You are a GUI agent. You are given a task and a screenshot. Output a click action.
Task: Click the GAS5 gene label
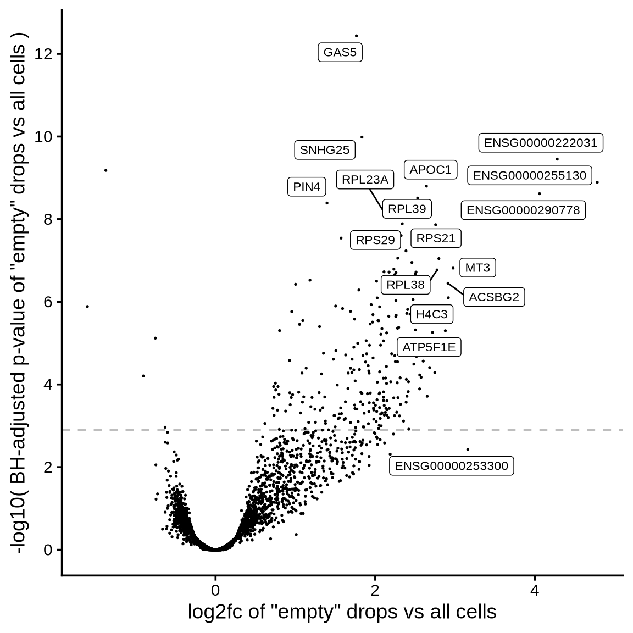(x=340, y=53)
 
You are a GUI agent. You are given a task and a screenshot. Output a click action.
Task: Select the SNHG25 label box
(x=325, y=150)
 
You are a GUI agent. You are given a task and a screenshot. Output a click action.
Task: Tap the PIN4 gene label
(x=307, y=187)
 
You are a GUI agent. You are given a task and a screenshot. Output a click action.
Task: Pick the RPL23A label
(x=365, y=180)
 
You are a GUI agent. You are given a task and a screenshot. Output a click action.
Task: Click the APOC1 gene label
(x=430, y=170)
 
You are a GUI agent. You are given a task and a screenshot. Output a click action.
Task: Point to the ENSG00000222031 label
(x=541, y=143)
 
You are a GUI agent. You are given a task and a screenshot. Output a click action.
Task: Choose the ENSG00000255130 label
(x=530, y=175)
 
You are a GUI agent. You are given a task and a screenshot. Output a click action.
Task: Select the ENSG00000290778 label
(x=523, y=210)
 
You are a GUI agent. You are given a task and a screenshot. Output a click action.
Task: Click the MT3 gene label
(x=477, y=268)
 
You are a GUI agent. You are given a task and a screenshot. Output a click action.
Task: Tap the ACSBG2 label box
(x=494, y=297)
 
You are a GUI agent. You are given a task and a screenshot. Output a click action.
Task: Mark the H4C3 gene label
(x=431, y=314)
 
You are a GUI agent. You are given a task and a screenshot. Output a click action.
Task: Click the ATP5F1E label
(x=429, y=347)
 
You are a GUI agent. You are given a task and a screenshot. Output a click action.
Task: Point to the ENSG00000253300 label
(x=452, y=466)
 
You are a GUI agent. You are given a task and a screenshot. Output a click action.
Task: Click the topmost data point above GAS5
(x=356, y=36)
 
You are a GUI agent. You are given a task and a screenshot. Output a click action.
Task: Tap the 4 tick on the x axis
(x=535, y=590)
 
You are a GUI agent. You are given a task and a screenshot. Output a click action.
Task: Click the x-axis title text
(x=342, y=612)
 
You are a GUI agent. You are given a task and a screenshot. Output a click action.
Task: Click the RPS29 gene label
(x=375, y=240)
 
